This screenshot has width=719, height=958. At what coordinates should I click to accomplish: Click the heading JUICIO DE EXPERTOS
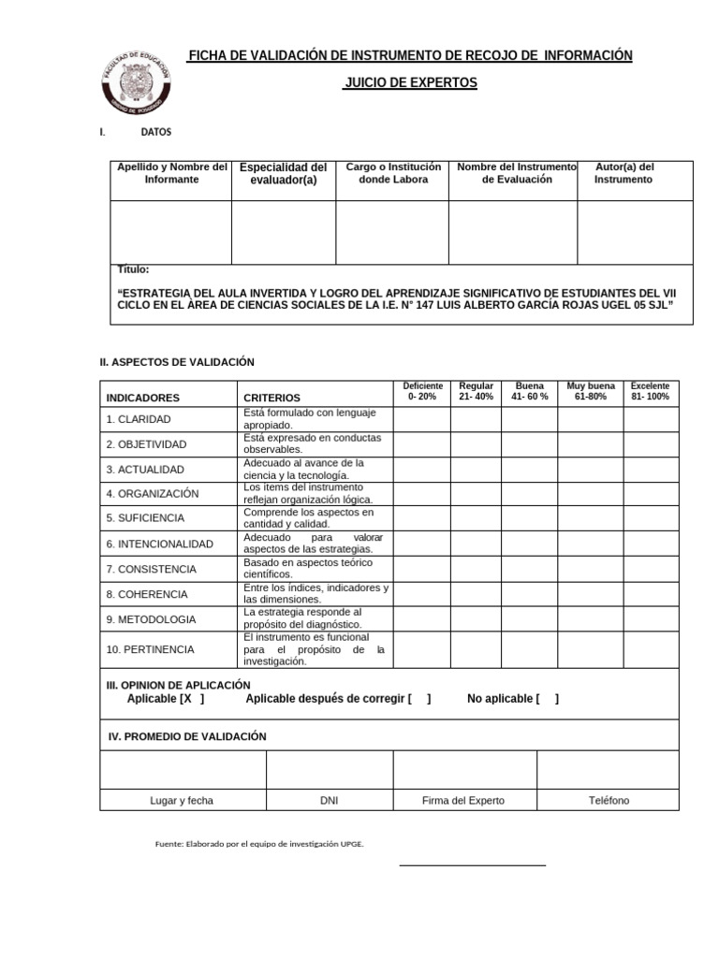pos(410,83)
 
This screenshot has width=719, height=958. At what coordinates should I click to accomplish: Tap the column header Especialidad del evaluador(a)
pos(284,174)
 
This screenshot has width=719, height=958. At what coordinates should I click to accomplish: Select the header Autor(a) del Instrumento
pos(624,173)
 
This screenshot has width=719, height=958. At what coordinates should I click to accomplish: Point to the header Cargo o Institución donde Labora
pos(393,173)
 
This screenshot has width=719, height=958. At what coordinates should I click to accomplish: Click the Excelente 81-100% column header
pos(650,391)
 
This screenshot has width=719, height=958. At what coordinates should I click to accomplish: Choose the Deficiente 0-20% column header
pos(422,391)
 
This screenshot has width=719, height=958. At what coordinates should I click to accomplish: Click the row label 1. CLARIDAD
pos(139,419)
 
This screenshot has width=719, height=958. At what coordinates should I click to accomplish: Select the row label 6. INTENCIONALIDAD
pos(159,544)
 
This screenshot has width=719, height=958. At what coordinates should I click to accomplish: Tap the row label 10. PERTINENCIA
pos(150,648)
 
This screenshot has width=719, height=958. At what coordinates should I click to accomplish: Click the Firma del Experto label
pos(463,800)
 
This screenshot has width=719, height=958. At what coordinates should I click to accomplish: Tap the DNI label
pos(329,800)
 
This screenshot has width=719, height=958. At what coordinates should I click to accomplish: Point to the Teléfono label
pos(609,800)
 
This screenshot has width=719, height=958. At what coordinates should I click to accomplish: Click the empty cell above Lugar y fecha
pos(183,769)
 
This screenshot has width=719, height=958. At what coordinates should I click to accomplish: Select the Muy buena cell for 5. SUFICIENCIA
pos(590,518)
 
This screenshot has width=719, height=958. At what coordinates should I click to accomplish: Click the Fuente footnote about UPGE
pos(259,844)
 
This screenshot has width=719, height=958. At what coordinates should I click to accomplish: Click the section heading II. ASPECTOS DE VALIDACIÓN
pos(177,362)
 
